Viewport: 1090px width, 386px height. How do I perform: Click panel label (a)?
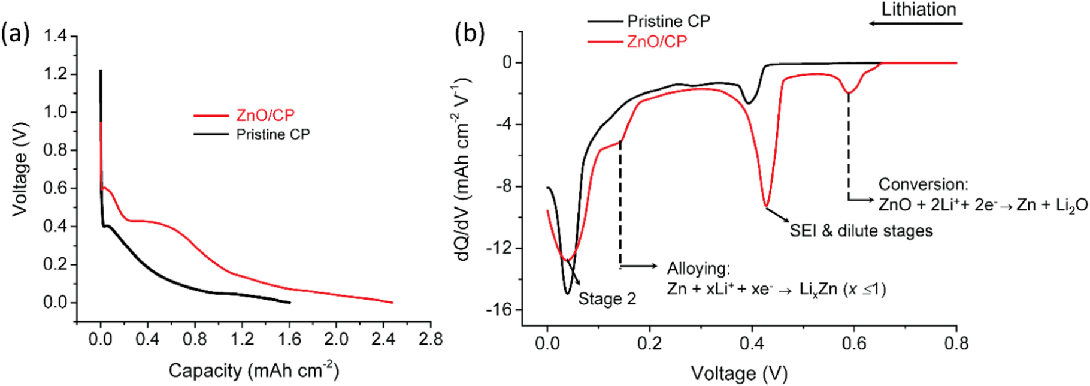[15, 34]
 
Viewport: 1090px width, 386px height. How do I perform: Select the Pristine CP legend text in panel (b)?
[668, 22]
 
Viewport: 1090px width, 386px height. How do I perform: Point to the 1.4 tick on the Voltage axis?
[56, 37]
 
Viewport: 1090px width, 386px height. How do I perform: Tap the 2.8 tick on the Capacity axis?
[430, 339]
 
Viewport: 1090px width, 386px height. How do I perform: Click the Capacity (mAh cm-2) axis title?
[253, 370]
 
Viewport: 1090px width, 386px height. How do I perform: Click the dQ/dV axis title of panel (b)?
[465, 168]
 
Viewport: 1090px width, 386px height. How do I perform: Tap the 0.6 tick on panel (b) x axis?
[854, 343]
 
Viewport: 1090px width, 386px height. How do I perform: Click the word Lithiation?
[918, 10]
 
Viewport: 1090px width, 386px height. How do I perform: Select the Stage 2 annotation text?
[607, 299]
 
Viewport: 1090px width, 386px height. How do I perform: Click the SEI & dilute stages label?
[861, 231]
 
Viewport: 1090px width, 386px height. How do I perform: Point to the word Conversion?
[923, 185]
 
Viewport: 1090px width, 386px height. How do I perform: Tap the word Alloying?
[698, 269]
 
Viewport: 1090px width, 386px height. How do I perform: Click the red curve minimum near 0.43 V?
[766, 206]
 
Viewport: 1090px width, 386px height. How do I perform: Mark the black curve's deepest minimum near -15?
[567, 293]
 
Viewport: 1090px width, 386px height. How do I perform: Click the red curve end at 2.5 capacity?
[392, 303]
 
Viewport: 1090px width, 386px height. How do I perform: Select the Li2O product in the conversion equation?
[1071, 206]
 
